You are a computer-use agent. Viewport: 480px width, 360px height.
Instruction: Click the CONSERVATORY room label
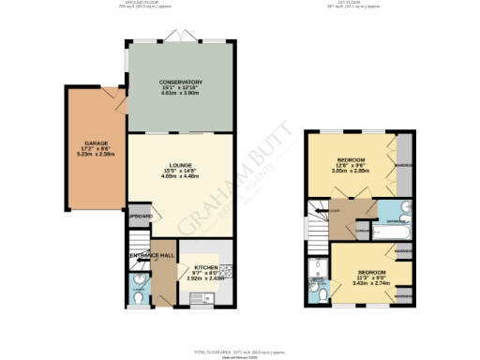tap(181, 82)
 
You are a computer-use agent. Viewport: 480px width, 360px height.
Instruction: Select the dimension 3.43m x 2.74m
tap(364, 282)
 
